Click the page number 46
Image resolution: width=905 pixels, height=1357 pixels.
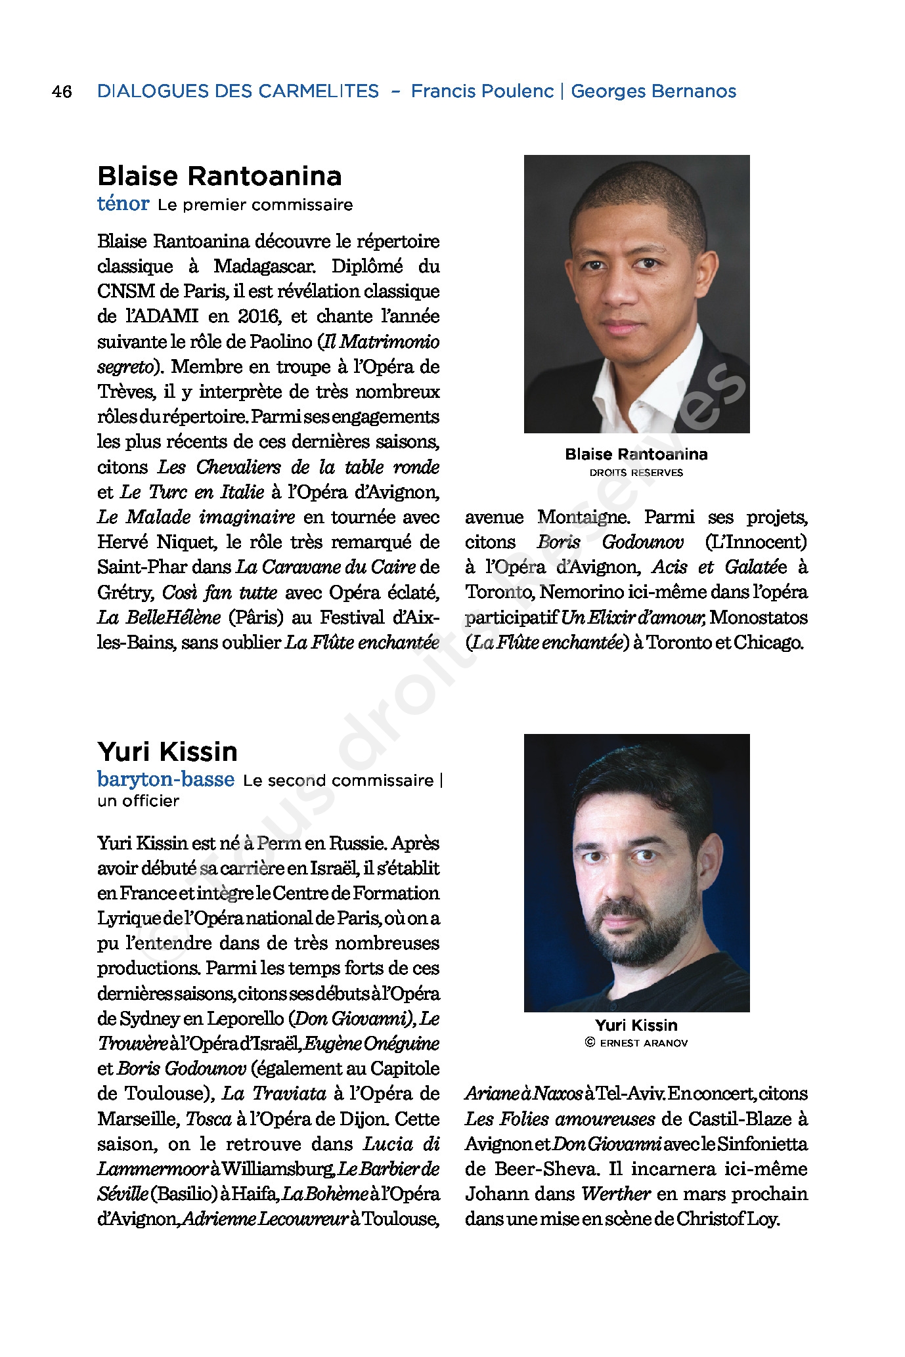(x=62, y=91)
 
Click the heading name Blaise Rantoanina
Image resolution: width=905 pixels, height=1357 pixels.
(x=219, y=176)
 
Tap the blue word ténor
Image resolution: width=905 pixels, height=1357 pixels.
(x=123, y=204)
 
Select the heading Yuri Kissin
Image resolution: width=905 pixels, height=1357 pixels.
(x=167, y=751)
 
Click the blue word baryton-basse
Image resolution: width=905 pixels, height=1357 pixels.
(x=166, y=779)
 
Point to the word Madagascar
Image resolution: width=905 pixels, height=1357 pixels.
(x=265, y=267)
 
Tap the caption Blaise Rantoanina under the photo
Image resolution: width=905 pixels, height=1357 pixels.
(x=636, y=454)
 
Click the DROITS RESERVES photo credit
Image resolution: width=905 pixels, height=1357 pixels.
(x=636, y=473)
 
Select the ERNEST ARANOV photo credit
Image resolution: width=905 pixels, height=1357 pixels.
(x=643, y=1043)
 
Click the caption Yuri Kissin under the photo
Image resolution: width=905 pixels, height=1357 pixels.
(x=636, y=1025)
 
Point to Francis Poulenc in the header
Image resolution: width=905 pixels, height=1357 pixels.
(x=482, y=91)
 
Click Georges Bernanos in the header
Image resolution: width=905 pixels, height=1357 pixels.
(x=653, y=91)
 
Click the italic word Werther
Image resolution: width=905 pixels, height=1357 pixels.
(x=615, y=1194)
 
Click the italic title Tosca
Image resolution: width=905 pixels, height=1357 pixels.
(x=208, y=1119)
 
